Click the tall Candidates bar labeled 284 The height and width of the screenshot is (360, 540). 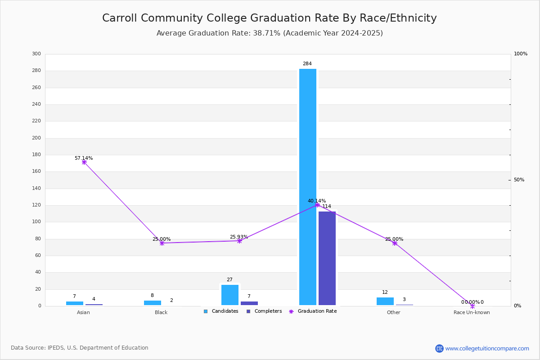(308, 187)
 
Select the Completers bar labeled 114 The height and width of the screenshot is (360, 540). (327, 258)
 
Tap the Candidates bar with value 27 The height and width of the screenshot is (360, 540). (230, 295)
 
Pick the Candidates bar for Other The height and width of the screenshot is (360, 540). (385, 301)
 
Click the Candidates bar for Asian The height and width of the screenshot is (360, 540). (75, 303)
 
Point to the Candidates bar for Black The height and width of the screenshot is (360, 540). (153, 303)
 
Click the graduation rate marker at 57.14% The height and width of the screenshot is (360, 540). (84, 162)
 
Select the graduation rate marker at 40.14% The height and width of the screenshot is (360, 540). (317, 205)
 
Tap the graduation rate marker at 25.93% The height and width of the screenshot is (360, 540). (239, 241)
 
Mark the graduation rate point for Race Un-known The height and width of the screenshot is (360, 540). (472, 306)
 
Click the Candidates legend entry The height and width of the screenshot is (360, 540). (221, 311)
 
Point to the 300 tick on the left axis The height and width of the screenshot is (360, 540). (36, 54)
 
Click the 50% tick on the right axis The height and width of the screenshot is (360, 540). (519, 180)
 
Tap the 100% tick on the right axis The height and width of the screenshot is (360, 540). (520, 54)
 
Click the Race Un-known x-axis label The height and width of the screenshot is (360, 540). (472, 312)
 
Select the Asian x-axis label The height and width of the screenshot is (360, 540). (83, 312)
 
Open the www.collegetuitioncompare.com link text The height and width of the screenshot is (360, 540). (487, 348)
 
